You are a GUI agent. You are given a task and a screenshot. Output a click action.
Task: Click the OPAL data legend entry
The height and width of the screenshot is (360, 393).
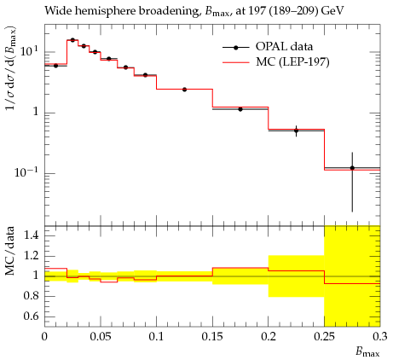click(x=268, y=47)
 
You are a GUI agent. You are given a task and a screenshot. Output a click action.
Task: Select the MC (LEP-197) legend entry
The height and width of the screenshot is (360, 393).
click(x=276, y=61)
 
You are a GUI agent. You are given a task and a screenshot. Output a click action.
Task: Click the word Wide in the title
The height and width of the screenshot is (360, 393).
click(x=56, y=11)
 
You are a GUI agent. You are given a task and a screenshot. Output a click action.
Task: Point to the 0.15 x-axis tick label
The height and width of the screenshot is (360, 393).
click(x=212, y=337)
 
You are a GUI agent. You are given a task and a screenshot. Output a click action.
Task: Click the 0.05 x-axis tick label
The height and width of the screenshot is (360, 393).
click(x=101, y=337)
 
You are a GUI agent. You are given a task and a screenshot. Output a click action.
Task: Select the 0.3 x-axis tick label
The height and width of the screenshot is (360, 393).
click(x=380, y=337)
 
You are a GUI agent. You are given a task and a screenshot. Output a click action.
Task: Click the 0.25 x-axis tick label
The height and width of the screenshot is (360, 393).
click(x=324, y=337)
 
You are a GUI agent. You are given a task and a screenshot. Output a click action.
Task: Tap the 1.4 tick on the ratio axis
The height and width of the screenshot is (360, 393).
click(x=31, y=235)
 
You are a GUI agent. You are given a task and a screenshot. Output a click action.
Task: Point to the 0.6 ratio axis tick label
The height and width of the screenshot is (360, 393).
click(x=31, y=316)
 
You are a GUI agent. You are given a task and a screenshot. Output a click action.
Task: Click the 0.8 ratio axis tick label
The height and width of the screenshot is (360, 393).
click(x=31, y=296)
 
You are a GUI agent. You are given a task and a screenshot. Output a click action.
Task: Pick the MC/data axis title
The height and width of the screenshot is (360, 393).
click(x=10, y=251)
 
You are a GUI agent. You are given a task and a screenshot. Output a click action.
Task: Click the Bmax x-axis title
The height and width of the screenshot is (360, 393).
click(x=367, y=352)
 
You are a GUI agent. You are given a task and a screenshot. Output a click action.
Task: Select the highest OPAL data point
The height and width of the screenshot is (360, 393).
click(x=72, y=40)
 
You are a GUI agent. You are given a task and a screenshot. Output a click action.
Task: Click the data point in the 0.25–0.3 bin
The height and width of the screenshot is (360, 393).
click(x=352, y=168)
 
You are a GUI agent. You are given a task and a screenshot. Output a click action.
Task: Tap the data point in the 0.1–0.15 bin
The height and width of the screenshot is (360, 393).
click(x=184, y=90)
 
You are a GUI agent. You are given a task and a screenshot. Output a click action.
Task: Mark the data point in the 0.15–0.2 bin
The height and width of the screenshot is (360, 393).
click(x=240, y=109)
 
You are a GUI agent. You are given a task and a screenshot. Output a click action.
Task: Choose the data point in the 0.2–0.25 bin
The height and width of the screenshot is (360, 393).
click(x=297, y=131)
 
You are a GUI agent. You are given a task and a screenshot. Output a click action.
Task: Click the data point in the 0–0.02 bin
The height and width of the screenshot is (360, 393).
click(x=55, y=66)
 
